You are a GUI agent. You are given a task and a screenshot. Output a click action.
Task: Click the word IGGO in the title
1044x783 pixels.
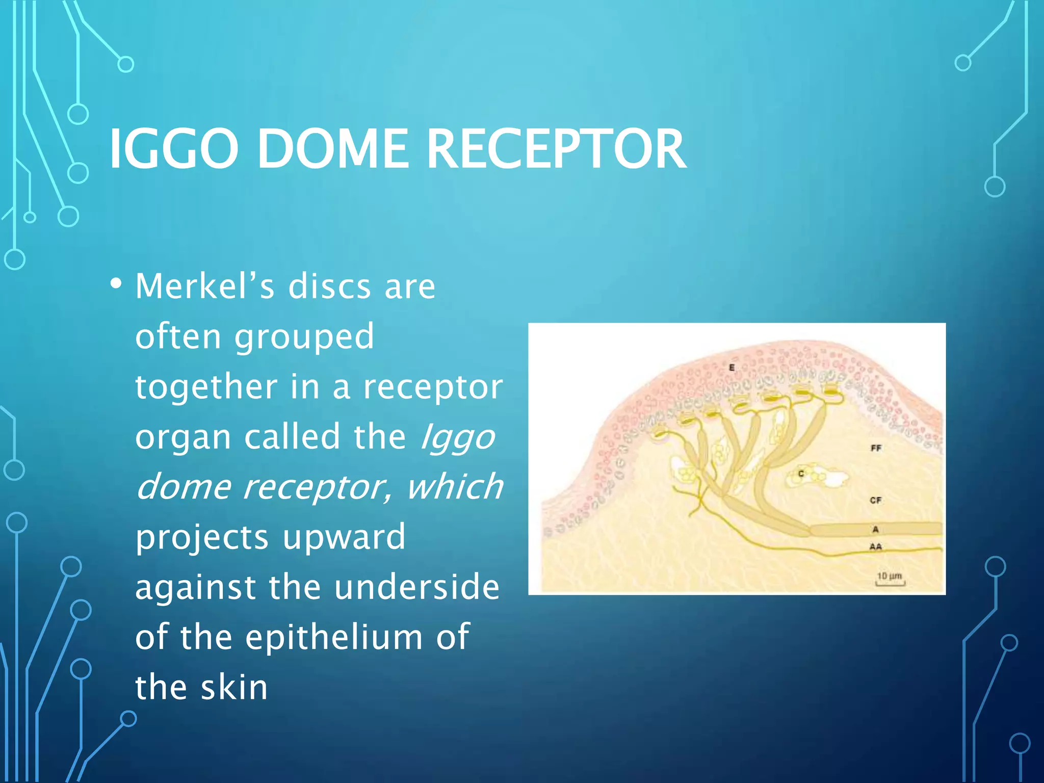[x=173, y=149]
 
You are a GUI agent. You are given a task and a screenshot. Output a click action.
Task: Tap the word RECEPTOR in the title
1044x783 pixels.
[x=556, y=149]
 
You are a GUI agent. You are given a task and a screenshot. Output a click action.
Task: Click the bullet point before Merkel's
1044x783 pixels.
[x=116, y=283]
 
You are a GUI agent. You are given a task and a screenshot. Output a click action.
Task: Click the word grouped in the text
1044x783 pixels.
[x=304, y=336]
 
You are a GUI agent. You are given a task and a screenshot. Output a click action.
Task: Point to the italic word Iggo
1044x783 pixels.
[x=457, y=437]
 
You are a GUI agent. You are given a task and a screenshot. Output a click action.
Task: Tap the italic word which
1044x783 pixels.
[x=454, y=487]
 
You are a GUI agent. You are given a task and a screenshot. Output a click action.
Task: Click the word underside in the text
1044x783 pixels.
[x=416, y=587]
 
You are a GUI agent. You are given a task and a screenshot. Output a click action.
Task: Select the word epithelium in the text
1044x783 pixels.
[x=334, y=637]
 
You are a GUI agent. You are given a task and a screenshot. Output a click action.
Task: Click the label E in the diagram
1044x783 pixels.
[x=732, y=368]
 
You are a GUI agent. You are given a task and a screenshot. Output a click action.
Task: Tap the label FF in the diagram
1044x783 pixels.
[x=876, y=448]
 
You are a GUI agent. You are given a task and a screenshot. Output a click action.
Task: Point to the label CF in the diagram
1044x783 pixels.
[x=875, y=500]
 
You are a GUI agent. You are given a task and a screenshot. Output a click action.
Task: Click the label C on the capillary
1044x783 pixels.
[x=801, y=474]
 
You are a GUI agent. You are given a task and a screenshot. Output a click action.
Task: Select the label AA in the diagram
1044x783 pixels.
[x=875, y=547]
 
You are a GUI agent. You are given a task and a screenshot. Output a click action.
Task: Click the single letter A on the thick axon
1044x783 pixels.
[x=875, y=530]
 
